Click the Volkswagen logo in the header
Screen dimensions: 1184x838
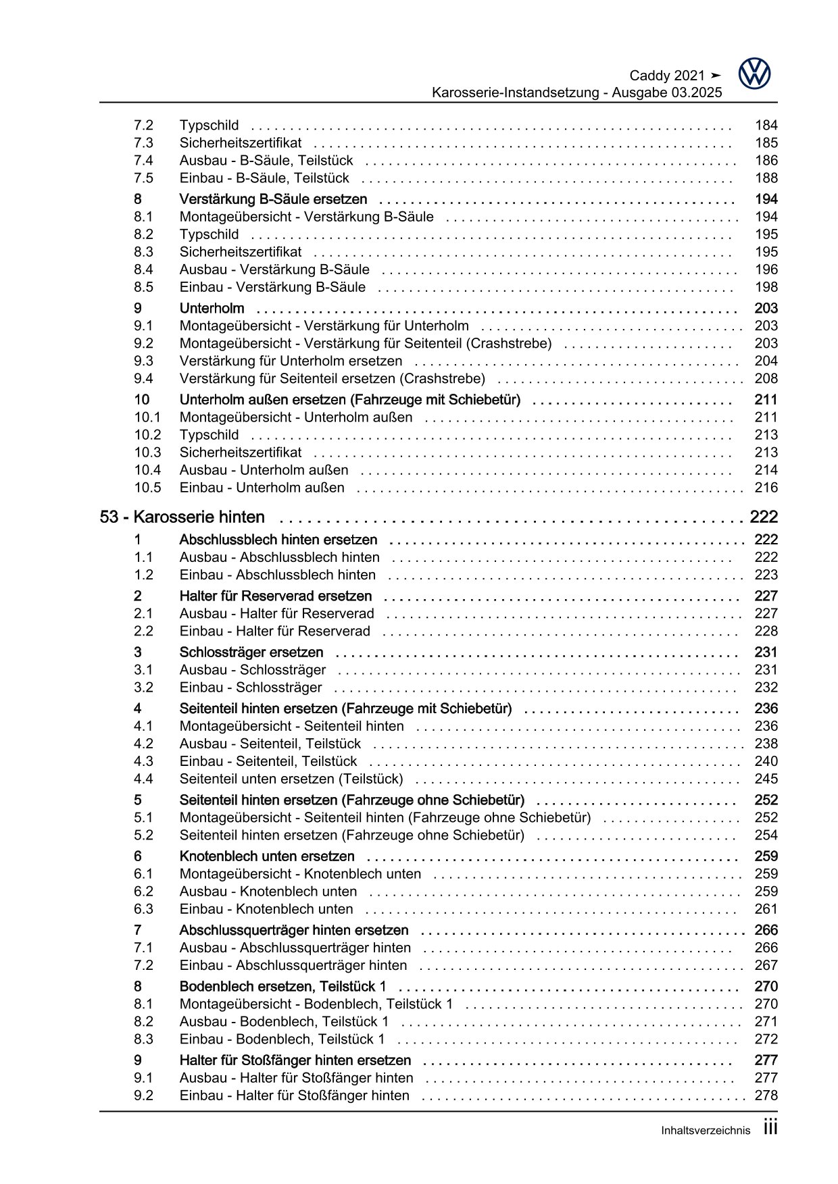click(x=754, y=74)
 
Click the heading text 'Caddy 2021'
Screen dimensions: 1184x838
click(x=667, y=76)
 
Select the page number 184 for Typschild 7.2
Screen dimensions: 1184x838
click(x=766, y=125)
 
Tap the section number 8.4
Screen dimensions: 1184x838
click(x=143, y=269)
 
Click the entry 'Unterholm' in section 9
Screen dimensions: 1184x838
click(x=212, y=308)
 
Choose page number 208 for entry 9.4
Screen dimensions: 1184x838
click(x=766, y=378)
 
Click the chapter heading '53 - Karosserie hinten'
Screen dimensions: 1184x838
click(x=182, y=517)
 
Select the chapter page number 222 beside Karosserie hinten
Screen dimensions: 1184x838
click(x=764, y=517)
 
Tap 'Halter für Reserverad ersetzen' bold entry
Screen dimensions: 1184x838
click(x=276, y=596)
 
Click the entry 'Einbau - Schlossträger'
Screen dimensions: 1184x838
click(x=251, y=688)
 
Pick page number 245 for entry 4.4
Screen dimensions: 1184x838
click(x=766, y=779)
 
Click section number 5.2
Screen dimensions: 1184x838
click(x=143, y=835)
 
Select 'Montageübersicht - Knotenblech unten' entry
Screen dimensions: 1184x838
click(x=300, y=874)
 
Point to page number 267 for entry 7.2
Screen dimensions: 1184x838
click(x=766, y=965)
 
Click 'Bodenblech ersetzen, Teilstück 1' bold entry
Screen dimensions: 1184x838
click(x=283, y=986)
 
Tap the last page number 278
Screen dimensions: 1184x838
click(x=766, y=1096)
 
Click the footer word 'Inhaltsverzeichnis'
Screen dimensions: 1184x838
click(x=706, y=1131)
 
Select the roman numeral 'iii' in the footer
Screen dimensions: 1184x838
click(x=770, y=1128)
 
